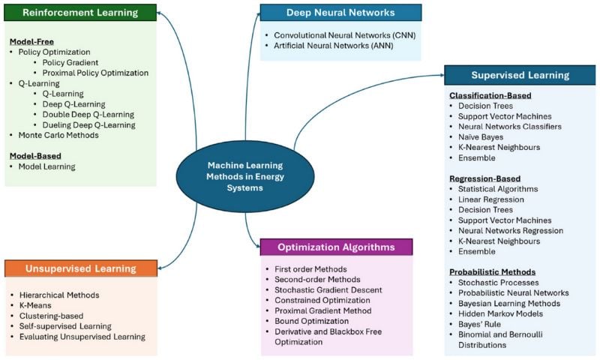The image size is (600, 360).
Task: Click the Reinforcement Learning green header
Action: tap(80, 13)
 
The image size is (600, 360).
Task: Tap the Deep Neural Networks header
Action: tap(340, 13)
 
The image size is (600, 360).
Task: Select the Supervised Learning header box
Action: tap(520, 75)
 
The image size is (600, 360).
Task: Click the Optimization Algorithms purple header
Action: tap(337, 247)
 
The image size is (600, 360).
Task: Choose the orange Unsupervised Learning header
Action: tap(80, 268)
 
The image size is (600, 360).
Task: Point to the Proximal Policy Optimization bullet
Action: tap(95, 73)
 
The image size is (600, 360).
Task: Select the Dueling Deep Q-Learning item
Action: tap(88, 124)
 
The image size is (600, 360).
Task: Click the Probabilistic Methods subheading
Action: tap(491, 271)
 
